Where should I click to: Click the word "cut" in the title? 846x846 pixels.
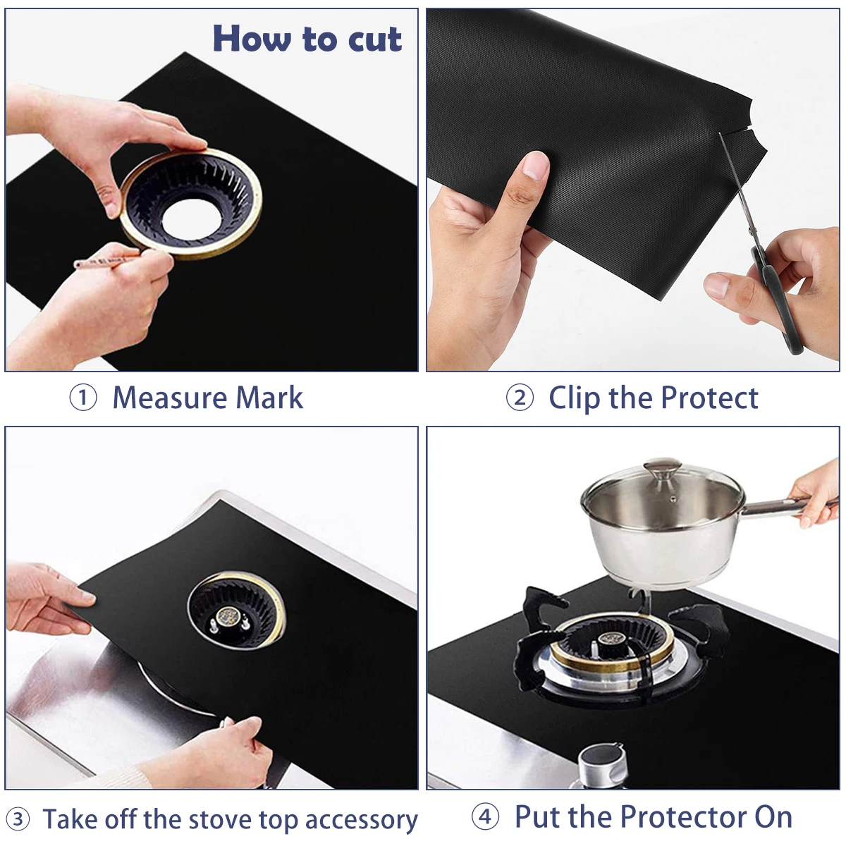pos(374,39)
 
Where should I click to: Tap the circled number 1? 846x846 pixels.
pos(83,398)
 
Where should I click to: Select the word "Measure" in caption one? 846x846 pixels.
pos(169,398)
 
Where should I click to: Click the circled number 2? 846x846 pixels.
pos(520,398)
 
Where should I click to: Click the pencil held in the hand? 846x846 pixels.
pos(106,263)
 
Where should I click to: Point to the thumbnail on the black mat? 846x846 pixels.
pos(536,166)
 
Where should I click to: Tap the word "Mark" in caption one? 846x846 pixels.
pos(269,398)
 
